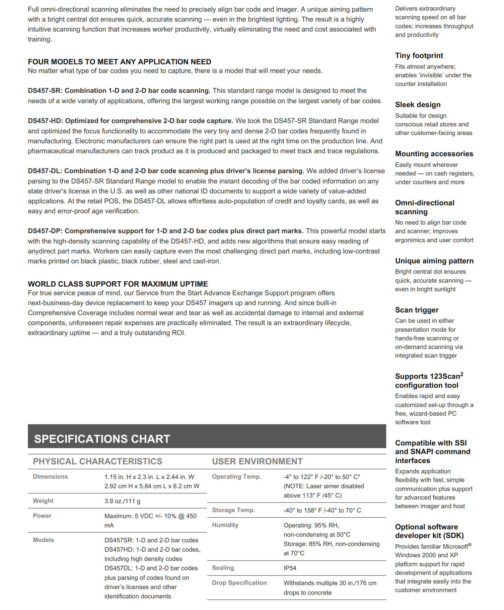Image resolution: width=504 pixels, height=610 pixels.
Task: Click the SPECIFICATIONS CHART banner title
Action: click(x=102, y=439)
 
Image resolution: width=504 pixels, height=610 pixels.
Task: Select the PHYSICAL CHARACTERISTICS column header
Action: click(x=97, y=461)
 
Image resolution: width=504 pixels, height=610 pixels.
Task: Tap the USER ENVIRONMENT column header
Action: click(x=257, y=461)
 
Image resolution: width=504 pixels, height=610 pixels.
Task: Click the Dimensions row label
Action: click(x=50, y=477)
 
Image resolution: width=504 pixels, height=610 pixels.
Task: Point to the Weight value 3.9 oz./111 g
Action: click(x=122, y=501)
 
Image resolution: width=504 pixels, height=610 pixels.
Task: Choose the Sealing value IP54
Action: click(x=290, y=568)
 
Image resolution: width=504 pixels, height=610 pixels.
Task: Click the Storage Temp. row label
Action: click(x=233, y=510)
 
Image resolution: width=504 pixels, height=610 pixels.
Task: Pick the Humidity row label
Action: click(x=225, y=525)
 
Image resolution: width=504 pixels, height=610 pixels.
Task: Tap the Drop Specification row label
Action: click(x=239, y=583)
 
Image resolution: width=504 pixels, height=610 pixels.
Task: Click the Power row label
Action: click(x=42, y=516)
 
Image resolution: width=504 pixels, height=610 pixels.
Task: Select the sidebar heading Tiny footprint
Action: click(x=419, y=55)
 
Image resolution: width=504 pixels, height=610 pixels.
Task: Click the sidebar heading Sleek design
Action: click(x=418, y=104)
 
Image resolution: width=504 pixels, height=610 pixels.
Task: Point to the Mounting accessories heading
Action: click(x=434, y=154)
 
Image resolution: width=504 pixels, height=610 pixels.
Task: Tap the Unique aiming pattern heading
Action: click(x=434, y=261)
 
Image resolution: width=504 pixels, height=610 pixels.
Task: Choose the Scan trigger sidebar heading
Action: click(x=417, y=310)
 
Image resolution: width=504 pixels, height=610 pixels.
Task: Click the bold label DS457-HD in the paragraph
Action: click(x=45, y=121)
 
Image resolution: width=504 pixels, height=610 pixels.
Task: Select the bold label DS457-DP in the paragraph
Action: click(x=45, y=231)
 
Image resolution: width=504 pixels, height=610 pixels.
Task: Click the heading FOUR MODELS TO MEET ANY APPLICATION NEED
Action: click(x=119, y=62)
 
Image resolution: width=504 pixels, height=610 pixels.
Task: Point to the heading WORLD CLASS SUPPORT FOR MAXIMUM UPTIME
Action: click(x=118, y=284)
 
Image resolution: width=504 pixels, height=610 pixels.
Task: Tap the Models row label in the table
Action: click(x=43, y=540)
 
